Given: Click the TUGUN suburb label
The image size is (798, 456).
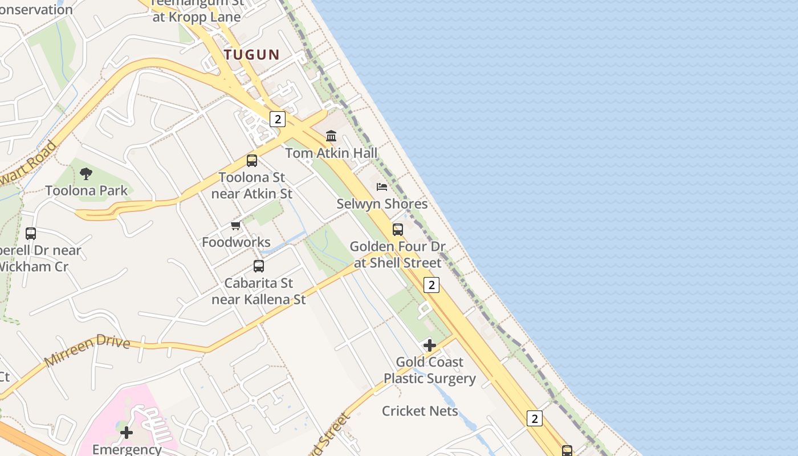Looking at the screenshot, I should (251, 55).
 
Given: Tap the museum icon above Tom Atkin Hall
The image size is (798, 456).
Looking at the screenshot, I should (331, 136).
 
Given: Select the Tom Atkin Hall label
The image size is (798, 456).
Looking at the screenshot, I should (331, 153).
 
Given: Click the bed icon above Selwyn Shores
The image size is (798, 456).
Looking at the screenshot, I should (382, 186).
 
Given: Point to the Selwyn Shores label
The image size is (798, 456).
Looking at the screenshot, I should (382, 203).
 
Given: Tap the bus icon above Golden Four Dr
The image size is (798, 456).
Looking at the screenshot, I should (398, 230).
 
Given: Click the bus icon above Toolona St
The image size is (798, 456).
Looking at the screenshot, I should (252, 161).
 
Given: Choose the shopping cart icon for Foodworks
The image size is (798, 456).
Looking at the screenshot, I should (236, 226).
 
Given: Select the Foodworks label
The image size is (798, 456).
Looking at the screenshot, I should (236, 242).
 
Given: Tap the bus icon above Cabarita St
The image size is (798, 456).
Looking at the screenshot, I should (259, 266).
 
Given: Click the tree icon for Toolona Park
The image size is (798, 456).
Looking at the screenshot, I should (86, 173).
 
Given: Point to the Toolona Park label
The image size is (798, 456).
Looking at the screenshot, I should (86, 190).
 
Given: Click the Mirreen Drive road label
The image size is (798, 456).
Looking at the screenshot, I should (87, 352).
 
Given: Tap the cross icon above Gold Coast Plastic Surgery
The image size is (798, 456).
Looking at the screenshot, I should (430, 345).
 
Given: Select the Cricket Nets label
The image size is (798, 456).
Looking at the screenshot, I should (420, 411).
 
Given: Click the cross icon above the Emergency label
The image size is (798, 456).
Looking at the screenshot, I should (127, 433).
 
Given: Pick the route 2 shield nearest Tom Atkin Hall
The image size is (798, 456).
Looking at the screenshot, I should (278, 119).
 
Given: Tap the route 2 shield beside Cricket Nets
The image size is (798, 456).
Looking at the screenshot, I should (534, 418).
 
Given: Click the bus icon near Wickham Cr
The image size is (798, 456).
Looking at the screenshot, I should (31, 234).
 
